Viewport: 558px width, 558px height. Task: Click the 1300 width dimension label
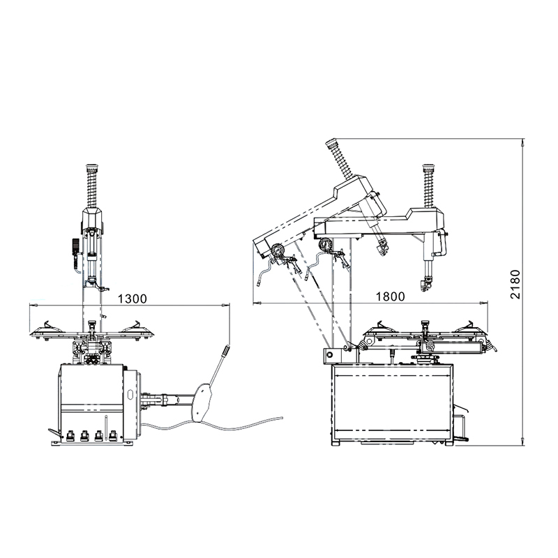click(132, 299)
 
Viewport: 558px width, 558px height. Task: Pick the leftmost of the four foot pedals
click(70, 437)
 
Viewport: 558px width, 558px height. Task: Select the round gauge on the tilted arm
click(277, 249)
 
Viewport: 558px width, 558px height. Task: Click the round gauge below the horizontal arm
click(324, 246)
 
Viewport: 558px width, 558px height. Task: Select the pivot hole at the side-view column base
click(326, 355)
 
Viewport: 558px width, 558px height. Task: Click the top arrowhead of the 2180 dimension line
click(523, 143)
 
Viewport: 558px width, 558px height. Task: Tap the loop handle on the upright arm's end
click(443, 243)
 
